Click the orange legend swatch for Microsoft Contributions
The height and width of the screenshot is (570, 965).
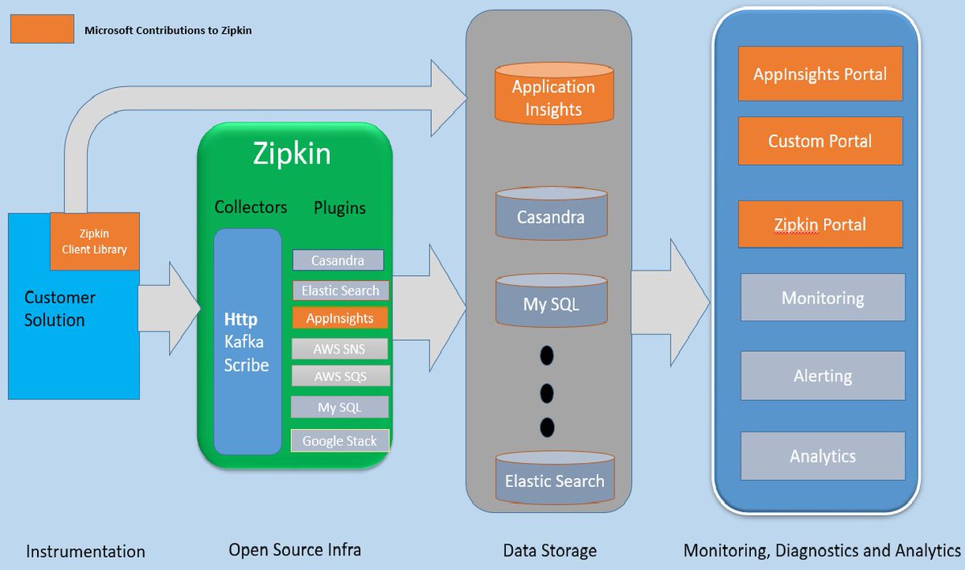click(x=42, y=30)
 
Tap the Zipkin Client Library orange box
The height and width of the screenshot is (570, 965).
click(x=95, y=241)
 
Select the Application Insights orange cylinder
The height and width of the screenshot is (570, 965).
click(x=553, y=97)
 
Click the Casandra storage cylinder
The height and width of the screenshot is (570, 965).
click(x=551, y=216)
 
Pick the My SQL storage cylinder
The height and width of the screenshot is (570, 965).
click(x=551, y=303)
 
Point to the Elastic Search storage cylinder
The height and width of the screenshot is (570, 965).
click(x=554, y=479)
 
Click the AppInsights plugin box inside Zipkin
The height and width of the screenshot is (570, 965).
click(x=339, y=318)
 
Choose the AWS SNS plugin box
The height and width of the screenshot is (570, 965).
click(x=339, y=349)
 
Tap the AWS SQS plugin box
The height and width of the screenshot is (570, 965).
click(x=339, y=376)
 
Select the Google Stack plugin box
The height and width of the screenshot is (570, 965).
click(x=339, y=441)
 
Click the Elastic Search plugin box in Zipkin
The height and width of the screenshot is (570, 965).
click(x=340, y=290)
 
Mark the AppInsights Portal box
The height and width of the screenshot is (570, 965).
click(x=820, y=74)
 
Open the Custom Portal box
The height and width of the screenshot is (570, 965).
click(x=820, y=141)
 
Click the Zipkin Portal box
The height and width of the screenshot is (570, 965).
click(x=820, y=224)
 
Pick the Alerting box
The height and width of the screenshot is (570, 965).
click(x=823, y=376)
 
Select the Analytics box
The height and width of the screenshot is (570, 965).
click(x=823, y=456)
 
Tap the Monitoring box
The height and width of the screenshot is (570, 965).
click(x=823, y=299)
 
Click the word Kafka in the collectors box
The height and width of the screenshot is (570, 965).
click(x=244, y=342)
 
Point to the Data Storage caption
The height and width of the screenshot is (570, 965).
click(x=550, y=551)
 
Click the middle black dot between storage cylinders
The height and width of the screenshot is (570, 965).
click(x=548, y=393)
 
